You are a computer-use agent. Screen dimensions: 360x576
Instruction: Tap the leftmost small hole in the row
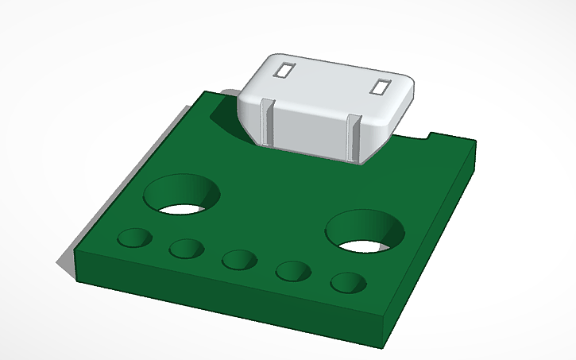[x=134, y=238]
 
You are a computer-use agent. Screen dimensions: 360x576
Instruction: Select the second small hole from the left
[x=187, y=249]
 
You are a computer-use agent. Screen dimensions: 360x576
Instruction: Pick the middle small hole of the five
[x=239, y=259]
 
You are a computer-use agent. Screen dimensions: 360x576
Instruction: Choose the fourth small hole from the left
[x=293, y=271]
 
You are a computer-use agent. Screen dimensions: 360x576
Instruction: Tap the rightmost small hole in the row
[x=347, y=282]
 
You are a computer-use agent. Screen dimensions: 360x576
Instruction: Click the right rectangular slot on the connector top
[x=380, y=87]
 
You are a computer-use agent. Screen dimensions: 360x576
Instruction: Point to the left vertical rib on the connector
[x=269, y=122]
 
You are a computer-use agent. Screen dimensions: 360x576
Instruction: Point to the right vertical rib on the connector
[x=354, y=138]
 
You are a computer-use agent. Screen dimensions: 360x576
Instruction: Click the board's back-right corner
[x=474, y=144]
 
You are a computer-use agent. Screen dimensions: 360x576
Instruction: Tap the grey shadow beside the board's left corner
[x=64, y=261]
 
